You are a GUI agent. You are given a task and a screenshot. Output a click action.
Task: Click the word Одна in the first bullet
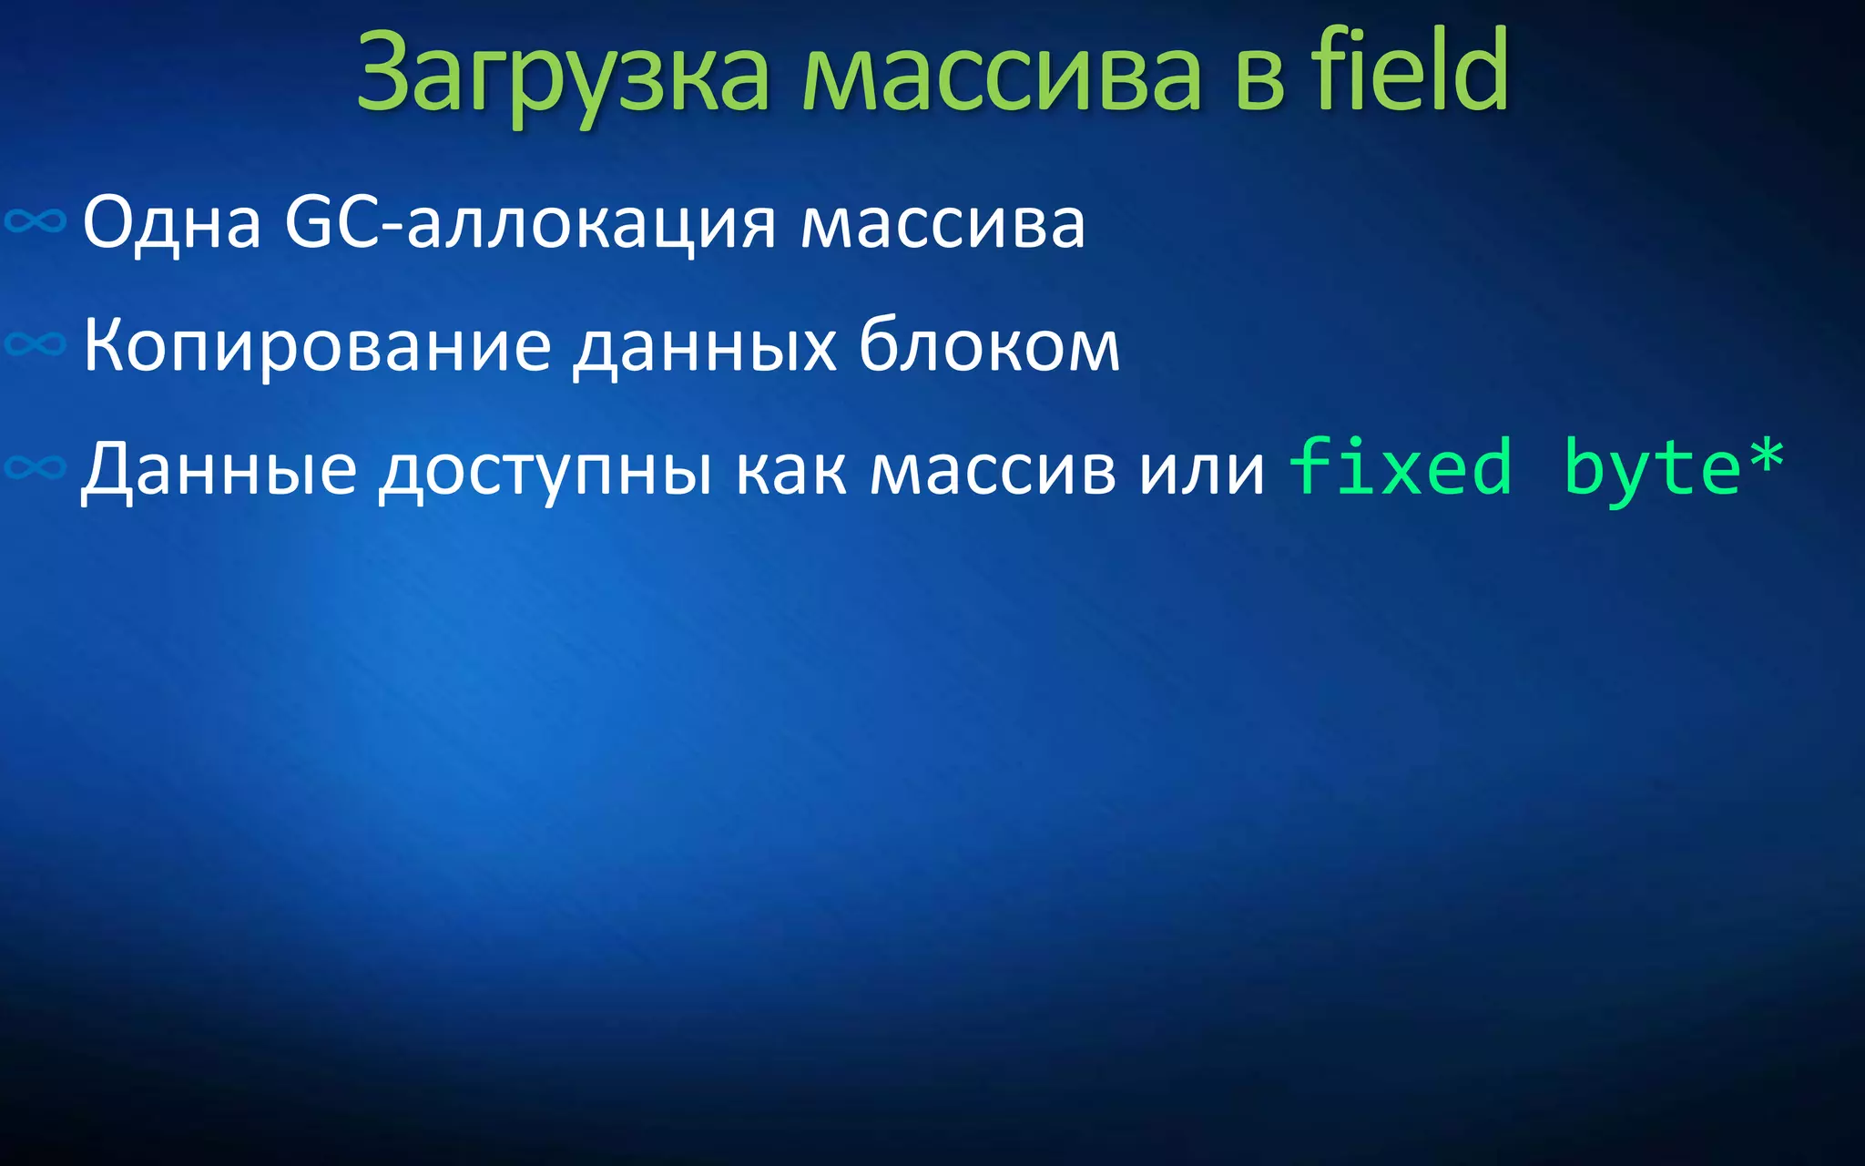coord(172,222)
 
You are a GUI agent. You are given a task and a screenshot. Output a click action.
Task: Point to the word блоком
coord(989,345)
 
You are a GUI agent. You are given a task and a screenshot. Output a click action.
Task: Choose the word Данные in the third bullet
coord(219,470)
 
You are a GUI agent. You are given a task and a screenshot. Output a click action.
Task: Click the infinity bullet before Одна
coord(36,220)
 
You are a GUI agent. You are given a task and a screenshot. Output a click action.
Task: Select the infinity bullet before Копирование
coord(36,343)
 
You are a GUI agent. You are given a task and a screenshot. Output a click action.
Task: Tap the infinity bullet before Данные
coord(36,467)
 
